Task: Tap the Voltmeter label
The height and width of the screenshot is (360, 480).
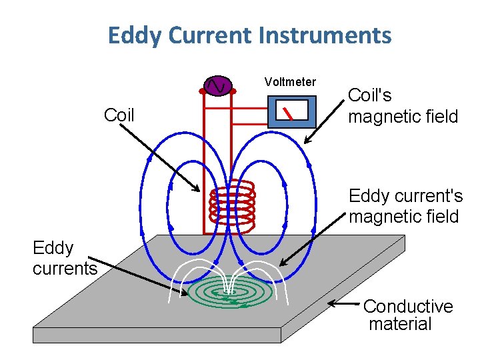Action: [290, 82]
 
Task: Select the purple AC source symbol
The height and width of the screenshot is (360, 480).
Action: [218, 86]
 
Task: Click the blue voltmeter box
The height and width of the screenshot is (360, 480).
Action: [291, 111]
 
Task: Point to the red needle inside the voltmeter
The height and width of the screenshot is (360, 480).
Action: [287, 113]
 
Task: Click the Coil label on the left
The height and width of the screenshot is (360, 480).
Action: [119, 115]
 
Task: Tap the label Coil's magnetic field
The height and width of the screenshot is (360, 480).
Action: [403, 107]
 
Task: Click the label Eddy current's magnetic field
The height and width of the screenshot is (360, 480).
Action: [405, 206]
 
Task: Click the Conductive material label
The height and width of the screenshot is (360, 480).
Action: [407, 315]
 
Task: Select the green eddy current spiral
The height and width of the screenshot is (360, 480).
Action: [230, 293]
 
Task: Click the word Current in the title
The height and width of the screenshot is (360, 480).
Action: [223, 35]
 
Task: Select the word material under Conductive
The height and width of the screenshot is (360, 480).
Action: [400, 325]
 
